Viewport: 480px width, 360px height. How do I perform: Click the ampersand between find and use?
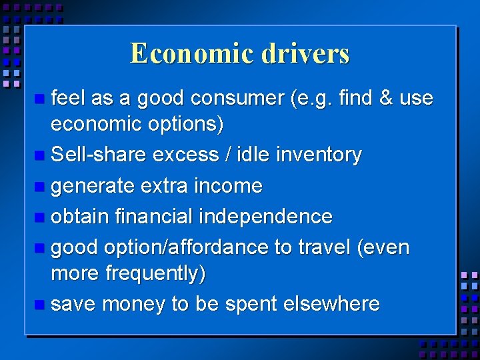385,99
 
